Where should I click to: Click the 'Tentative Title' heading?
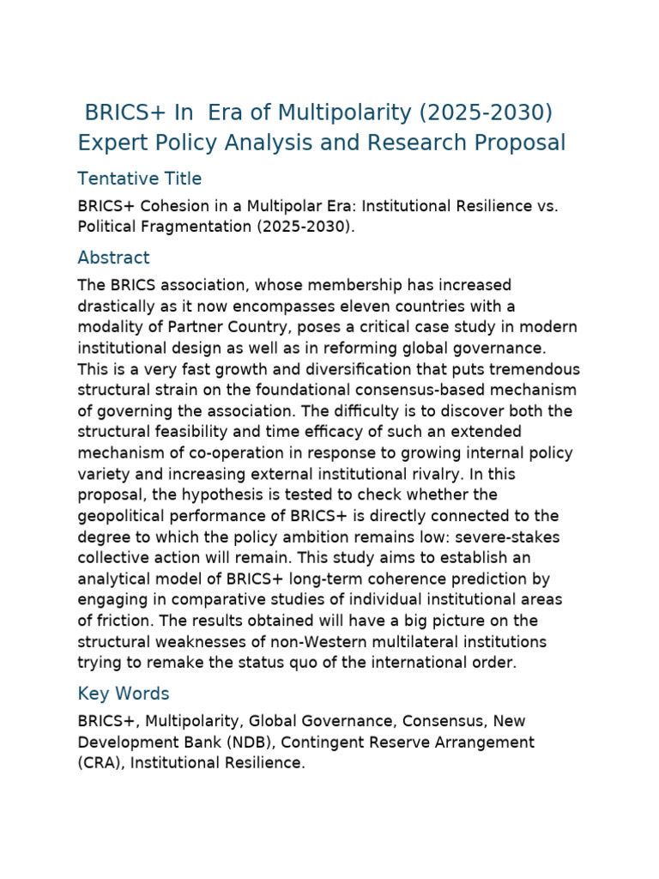[x=139, y=179]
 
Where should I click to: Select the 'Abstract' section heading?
[x=113, y=258]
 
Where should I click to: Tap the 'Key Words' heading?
[x=124, y=694]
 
